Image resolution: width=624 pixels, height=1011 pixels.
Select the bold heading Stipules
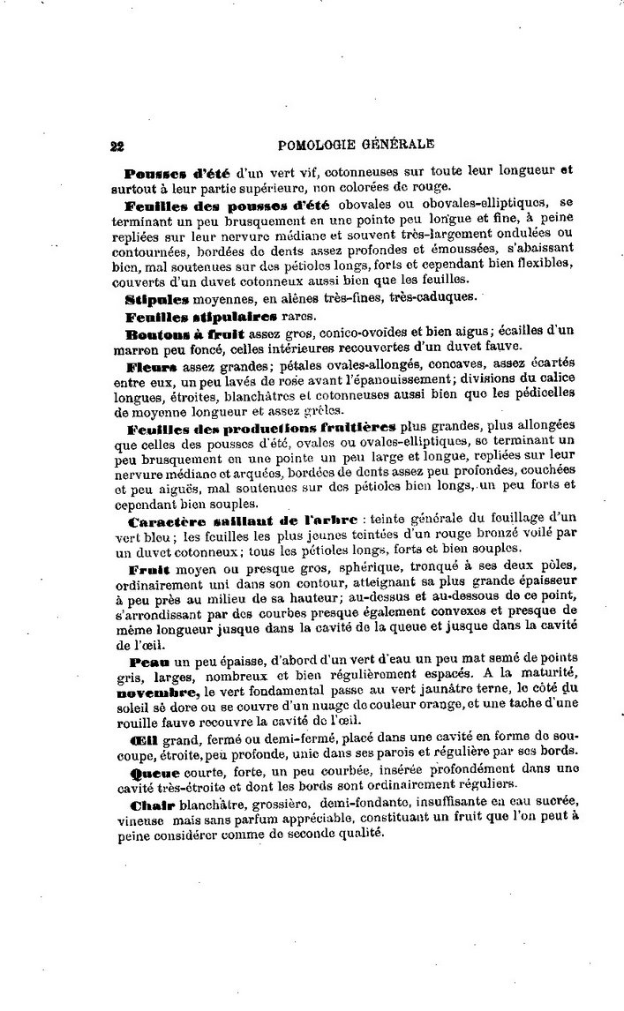152,298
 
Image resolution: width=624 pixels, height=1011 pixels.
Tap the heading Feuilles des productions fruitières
261,427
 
